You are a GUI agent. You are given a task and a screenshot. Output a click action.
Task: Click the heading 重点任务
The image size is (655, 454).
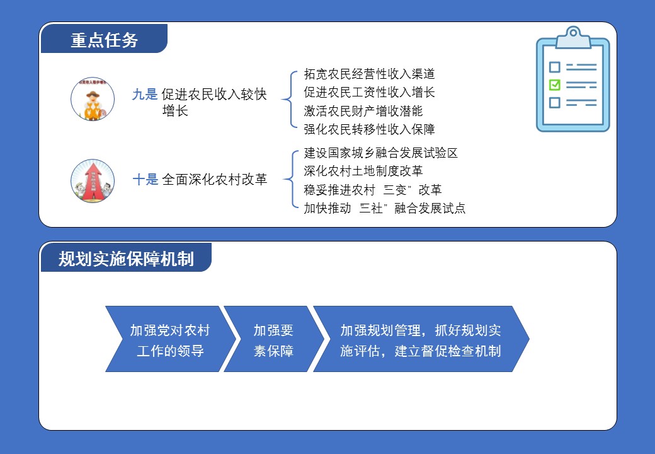104,40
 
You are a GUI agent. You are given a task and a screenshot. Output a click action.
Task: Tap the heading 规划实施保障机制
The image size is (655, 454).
126,259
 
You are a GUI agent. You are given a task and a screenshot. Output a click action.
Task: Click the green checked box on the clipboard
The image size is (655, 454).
554,84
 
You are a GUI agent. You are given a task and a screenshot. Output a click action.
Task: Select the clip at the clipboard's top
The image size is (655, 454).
573,37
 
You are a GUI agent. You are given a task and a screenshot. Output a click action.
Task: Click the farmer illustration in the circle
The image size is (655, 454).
93,100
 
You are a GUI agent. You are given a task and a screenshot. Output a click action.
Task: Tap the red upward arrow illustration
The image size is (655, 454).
93,181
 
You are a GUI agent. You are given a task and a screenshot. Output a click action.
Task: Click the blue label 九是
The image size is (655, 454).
144,95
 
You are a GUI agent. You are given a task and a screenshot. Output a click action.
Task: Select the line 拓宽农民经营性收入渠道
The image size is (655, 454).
369,74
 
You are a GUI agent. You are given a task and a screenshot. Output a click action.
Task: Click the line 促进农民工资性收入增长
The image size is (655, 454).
369,92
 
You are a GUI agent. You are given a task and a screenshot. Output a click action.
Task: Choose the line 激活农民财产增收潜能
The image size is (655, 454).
363,111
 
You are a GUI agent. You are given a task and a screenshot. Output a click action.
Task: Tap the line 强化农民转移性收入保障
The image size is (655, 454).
369,129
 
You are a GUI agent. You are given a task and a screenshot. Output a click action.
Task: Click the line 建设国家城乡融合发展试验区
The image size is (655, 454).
381,153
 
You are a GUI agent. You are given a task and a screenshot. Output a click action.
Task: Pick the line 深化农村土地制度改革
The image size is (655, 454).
363,171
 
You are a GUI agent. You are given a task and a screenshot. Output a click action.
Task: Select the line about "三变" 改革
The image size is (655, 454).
373,190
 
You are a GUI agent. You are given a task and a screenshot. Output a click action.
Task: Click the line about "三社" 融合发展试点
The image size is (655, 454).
384,208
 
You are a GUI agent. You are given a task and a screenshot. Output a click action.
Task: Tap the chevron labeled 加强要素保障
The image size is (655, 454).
274,339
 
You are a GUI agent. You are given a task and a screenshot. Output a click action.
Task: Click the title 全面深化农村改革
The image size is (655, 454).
214,180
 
